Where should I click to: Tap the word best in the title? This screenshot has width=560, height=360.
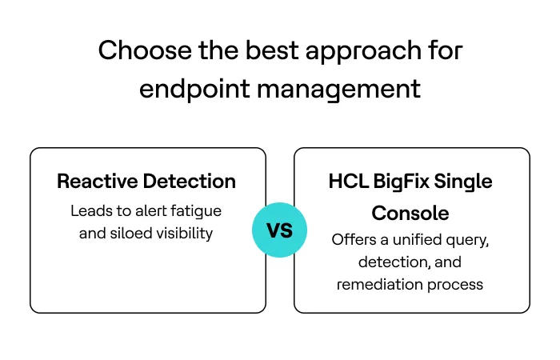[x=257, y=51]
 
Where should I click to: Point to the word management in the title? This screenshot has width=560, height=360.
[x=338, y=90]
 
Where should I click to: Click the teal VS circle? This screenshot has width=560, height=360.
[x=279, y=230]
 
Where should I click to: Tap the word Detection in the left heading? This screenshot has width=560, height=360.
[x=189, y=182]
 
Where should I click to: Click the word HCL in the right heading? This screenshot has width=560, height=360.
[x=348, y=182]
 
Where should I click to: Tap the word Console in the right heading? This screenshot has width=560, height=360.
[x=411, y=214]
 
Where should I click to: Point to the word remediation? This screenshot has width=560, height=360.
[x=377, y=284]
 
